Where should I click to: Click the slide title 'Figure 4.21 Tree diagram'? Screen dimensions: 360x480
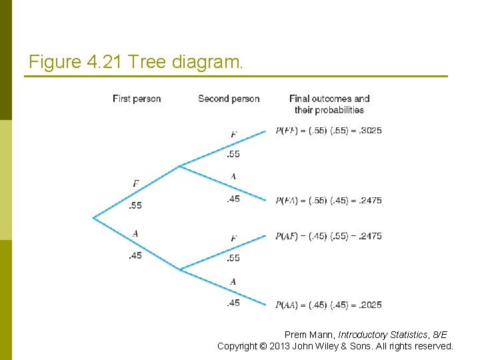137,63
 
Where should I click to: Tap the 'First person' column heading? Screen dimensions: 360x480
137,99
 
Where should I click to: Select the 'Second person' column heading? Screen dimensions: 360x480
229,99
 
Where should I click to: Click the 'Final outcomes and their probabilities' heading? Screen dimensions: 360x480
329,104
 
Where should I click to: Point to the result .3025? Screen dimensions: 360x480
370,131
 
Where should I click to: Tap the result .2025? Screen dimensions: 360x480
370,305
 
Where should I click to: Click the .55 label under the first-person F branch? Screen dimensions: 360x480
135,205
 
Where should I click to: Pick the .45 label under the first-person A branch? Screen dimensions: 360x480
135,255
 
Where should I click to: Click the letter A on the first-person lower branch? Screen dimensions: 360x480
135,233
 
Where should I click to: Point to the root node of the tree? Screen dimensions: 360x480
94,217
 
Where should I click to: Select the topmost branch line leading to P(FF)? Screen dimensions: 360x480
223,148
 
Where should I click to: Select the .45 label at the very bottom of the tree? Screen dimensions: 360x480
233,303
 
